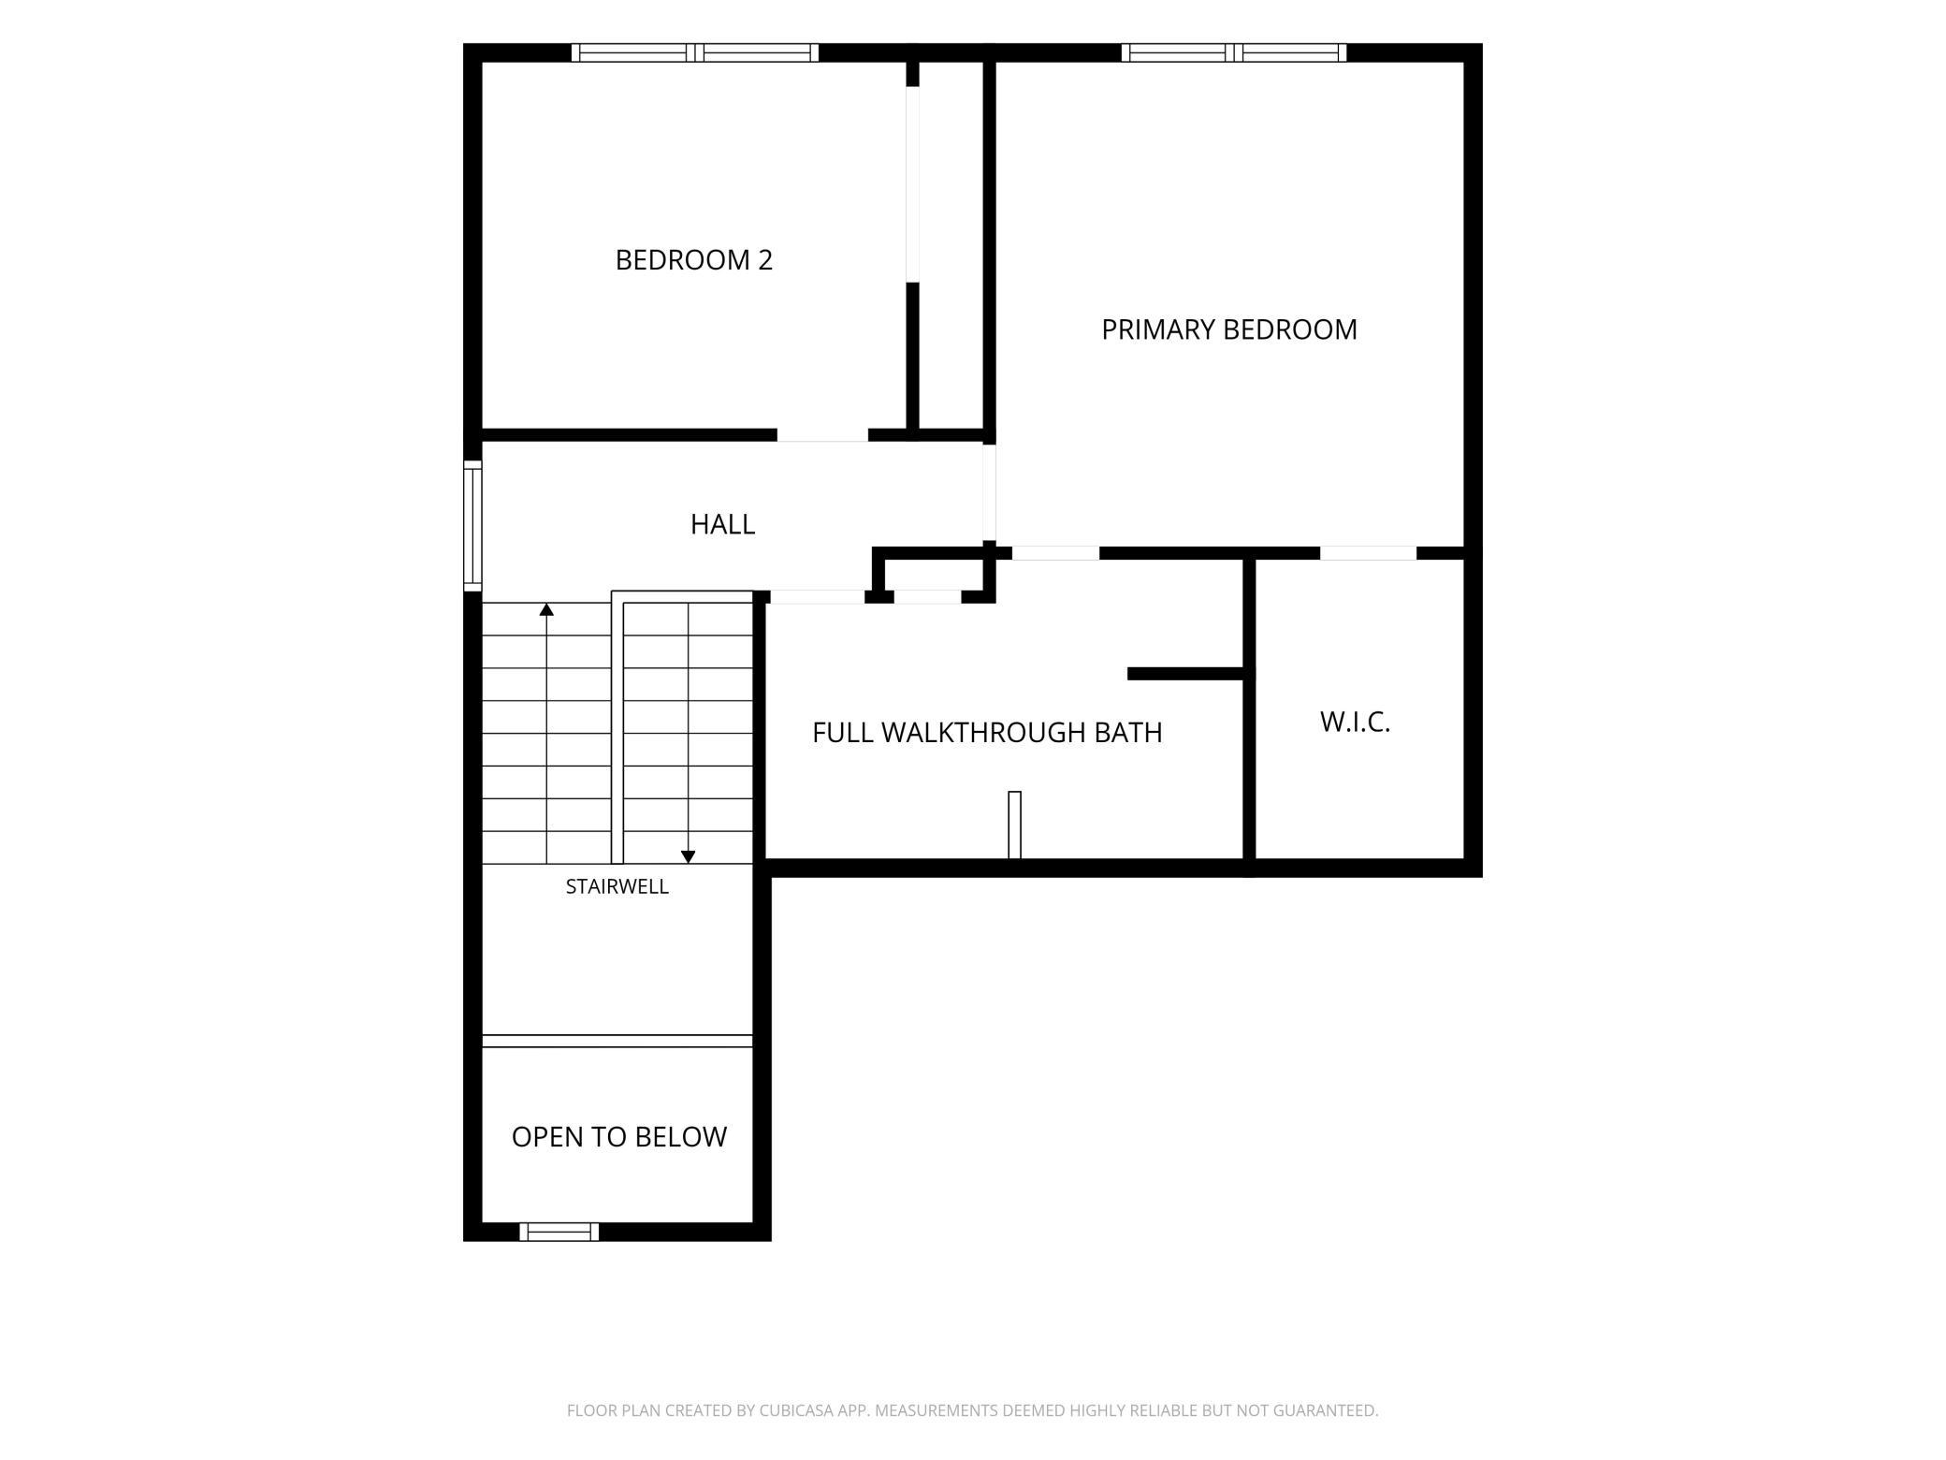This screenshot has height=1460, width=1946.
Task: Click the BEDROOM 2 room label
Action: (x=693, y=260)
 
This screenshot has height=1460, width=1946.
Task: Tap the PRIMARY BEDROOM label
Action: (x=1228, y=329)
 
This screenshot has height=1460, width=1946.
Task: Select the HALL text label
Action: (x=722, y=524)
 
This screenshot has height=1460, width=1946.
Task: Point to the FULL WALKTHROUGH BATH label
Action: (x=987, y=732)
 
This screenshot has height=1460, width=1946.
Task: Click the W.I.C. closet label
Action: (x=1355, y=722)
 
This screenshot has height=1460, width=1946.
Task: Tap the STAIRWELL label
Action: (x=617, y=886)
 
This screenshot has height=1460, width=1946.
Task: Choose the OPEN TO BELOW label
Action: (x=618, y=1136)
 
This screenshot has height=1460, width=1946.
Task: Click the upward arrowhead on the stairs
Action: (x=546, y=609)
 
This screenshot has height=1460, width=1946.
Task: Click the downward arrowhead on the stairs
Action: (x=688, y=856)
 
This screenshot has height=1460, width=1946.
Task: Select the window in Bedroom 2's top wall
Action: (x=695, y=52)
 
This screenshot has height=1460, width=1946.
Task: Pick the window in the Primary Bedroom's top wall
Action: (x=1234, y=52)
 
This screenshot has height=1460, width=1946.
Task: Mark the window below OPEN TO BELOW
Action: (x=559, y=1232)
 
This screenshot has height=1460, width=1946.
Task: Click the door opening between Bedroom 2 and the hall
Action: (x=822, y=435)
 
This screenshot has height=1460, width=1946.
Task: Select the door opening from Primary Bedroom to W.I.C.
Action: (x=1368, y=553)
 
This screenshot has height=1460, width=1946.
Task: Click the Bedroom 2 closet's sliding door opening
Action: (x=912, y=184)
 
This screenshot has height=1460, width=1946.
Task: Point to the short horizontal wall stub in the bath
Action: (x=1185, y=674)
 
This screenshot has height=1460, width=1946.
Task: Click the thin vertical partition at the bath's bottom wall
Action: (x=1014, y=825)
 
